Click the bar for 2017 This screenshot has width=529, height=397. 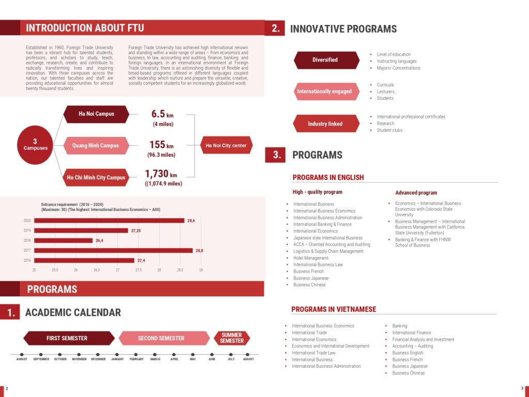pos(113,251)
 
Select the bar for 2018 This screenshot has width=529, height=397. pos(63,240)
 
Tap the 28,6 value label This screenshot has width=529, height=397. pos(191,221)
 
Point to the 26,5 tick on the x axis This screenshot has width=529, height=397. pos(97,270)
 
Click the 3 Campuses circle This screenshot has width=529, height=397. pos(35,145)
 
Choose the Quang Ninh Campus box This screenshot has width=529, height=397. pos(96,146)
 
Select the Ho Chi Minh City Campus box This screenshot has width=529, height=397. pos(96,177)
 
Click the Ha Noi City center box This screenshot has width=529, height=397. pos(226,145)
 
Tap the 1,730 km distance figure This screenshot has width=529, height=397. pos(161,175)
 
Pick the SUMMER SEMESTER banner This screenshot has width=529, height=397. pos(231,338)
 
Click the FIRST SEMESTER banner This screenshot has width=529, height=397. pos(68,338)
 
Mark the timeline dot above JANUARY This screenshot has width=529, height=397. pos(117,354)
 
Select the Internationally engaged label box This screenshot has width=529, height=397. pos(324,91)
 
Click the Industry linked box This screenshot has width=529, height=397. pos(325,124)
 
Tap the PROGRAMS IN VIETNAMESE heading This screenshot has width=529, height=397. pos(334,309)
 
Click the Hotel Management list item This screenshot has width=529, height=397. pos(310,258)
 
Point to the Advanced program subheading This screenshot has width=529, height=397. pos(416,193)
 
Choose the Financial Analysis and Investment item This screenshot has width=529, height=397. pos(423,340)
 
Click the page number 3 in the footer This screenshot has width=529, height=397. pos(522,388)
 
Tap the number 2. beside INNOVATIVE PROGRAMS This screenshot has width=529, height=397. pos(275,29)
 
